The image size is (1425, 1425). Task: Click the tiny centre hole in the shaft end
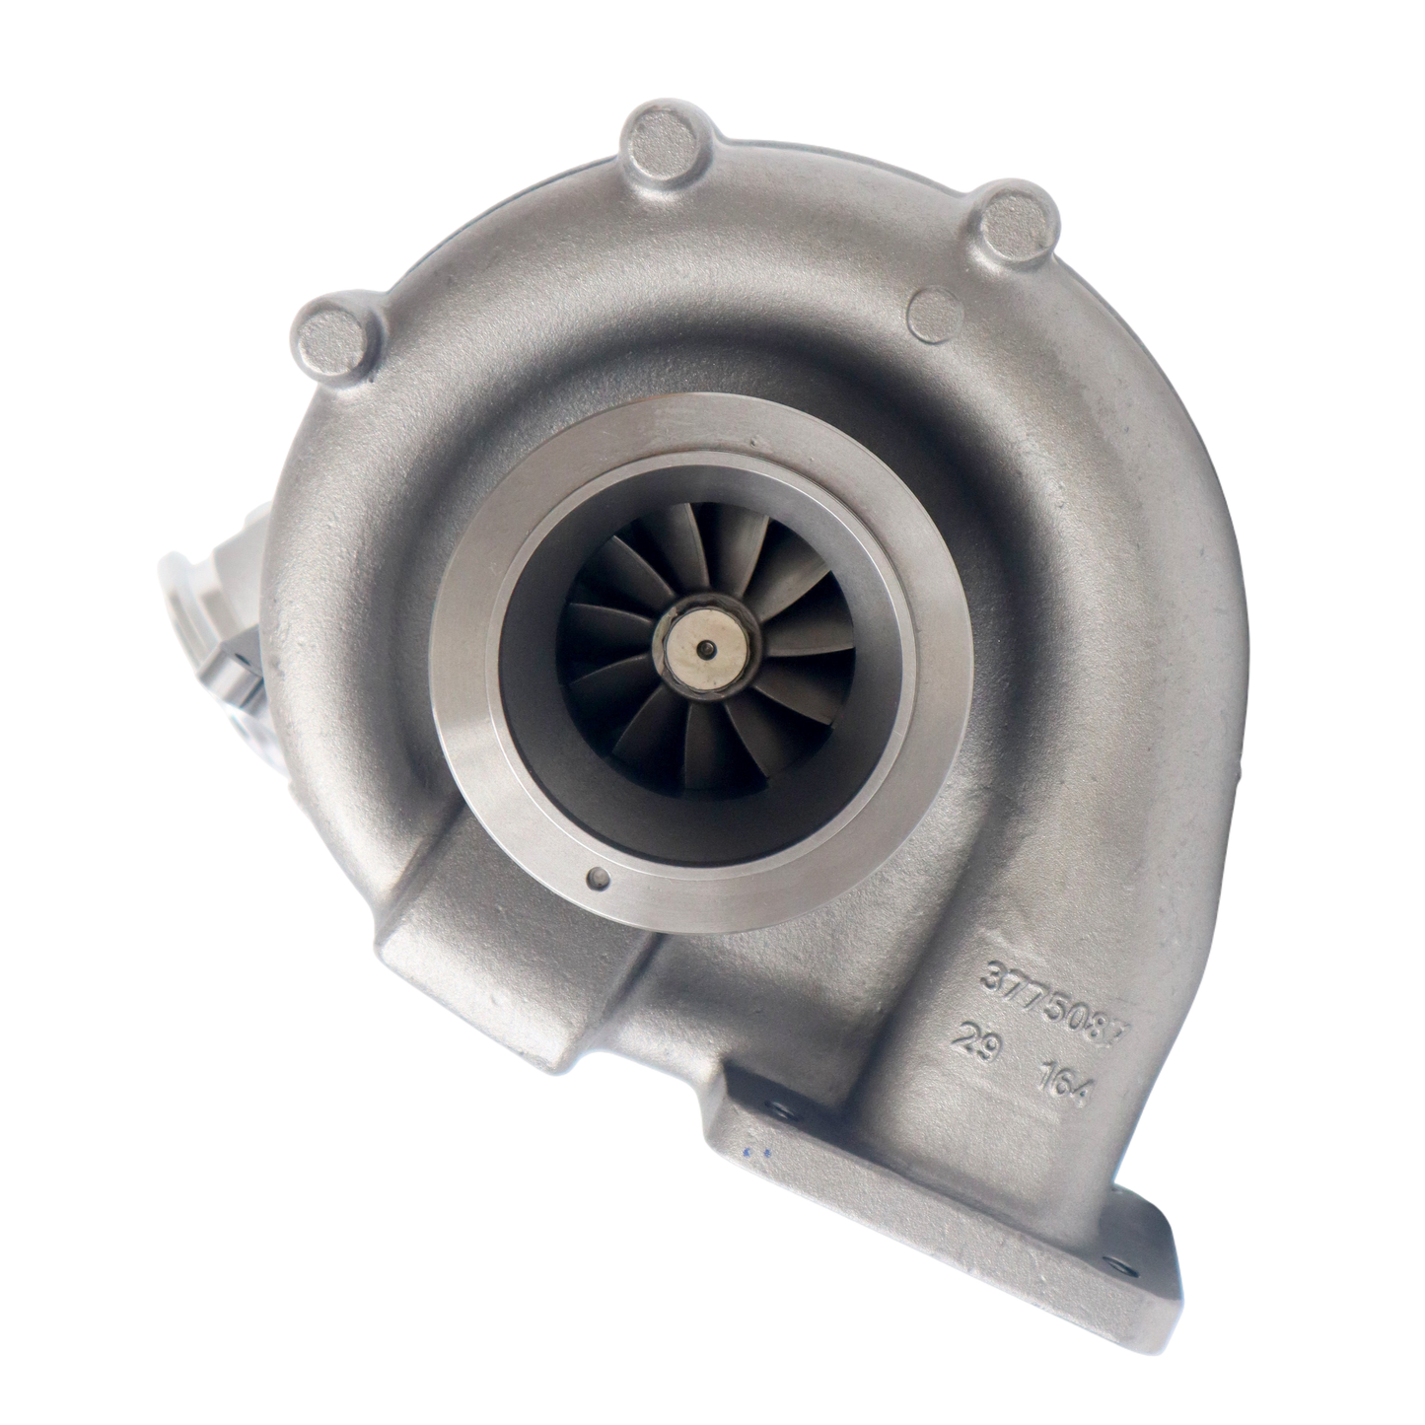(705, 648)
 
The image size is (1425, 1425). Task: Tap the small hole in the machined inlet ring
(600, 880)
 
